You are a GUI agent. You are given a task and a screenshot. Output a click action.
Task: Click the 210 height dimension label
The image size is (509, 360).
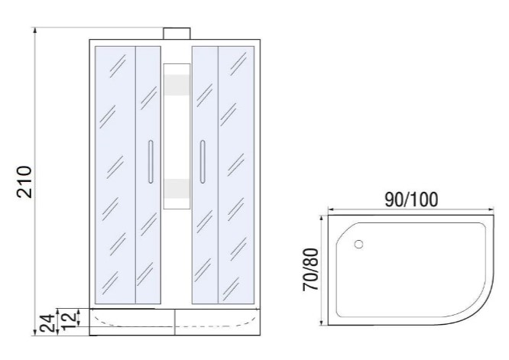pos(24,182)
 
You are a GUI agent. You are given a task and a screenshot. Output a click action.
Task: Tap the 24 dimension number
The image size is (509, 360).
pos(47,323)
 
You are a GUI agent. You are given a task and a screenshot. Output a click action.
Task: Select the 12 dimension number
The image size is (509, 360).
pos(69,319)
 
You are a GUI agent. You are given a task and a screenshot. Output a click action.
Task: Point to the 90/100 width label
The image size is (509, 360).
pos(411,199)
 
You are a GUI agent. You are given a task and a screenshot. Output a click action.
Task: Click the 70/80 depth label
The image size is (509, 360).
pos(310,270)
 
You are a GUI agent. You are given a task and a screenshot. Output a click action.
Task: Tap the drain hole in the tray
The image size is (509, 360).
pos(358,244)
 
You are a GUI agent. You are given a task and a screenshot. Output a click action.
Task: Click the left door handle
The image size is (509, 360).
pos(151,162)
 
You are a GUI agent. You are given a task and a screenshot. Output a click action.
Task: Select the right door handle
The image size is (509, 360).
pos(203,162)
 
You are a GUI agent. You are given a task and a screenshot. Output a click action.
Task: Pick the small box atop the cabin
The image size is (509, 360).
pos(177,34)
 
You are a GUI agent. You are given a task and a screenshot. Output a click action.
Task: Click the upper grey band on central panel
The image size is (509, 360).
pos(177,85)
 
